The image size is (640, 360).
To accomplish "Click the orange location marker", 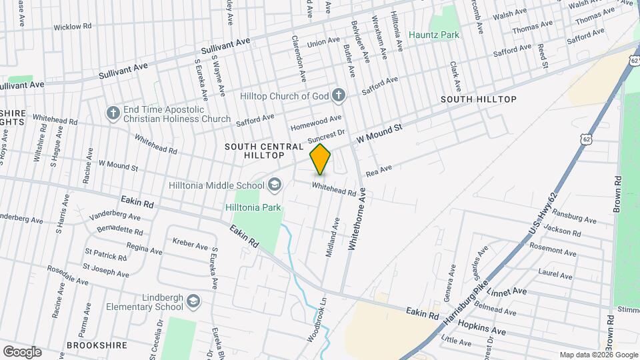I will pyautogui.click(x=321, y=159).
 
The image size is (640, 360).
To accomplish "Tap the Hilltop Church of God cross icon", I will pyautogui.click(x=338, y=95).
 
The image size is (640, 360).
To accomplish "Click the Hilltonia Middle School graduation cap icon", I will pyautogui.click(x=274, y=184).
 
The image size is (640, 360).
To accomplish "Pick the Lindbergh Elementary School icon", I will pyautogui.click(x=193, y=301).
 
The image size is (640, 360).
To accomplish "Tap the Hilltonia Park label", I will pyautogui.click(x=253, y=207).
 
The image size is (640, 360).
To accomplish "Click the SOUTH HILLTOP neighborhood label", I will pyautogui.click(x=479, y=99).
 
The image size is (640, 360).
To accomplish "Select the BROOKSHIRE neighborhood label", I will pyautogui.click(x=97, y=346).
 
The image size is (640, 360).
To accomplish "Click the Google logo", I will pyautogui.click(x=22, y=351).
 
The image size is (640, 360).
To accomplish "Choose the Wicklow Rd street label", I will pyautogui.click(x=72, y=27).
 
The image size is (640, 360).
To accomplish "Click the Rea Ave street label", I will pyautogui.click(x=379, y=171).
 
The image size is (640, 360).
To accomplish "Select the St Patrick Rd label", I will pyautogui.click(x=105, y=256).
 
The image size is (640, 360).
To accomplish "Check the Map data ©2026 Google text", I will pyautogui.click(x=597, y=355).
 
